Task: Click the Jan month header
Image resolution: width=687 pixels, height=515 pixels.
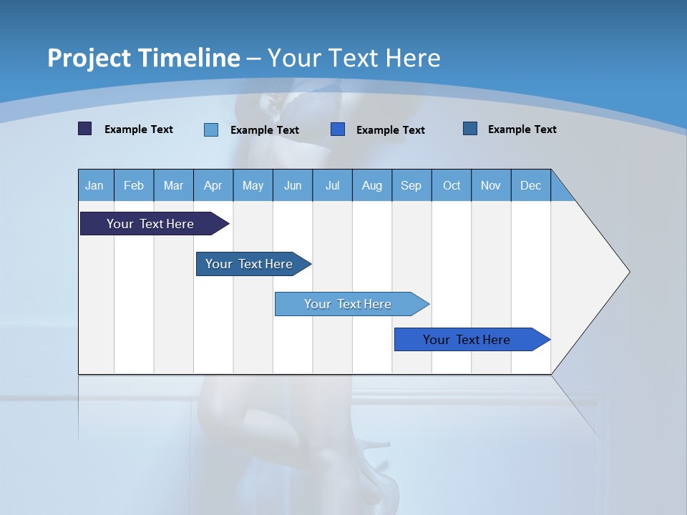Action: pos(94,185)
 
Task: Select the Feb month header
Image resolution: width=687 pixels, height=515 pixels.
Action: pos(134,185)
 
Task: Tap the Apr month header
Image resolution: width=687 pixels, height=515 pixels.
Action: pos(213,185)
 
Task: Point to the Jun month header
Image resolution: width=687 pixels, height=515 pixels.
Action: pos(293,185)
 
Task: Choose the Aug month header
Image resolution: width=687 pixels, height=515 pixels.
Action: pos(371,185)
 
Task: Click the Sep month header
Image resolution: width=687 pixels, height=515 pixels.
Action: pos(411,185)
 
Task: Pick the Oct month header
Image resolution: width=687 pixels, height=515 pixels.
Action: pos(452,185)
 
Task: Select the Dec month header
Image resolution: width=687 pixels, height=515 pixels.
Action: pos(530,185)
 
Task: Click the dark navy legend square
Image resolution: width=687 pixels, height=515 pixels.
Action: pos(85,129)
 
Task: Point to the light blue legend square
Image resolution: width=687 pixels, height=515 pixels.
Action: pos(211,129)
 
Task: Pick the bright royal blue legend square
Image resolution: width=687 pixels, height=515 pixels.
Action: pos(338,129)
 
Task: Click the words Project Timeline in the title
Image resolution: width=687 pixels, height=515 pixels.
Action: pos(144,58)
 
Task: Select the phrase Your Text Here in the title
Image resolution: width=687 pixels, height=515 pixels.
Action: pos(354,58)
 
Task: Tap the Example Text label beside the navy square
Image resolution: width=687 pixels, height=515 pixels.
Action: pos(139,129)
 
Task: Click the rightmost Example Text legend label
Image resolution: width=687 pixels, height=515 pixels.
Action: pos(522,129)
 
